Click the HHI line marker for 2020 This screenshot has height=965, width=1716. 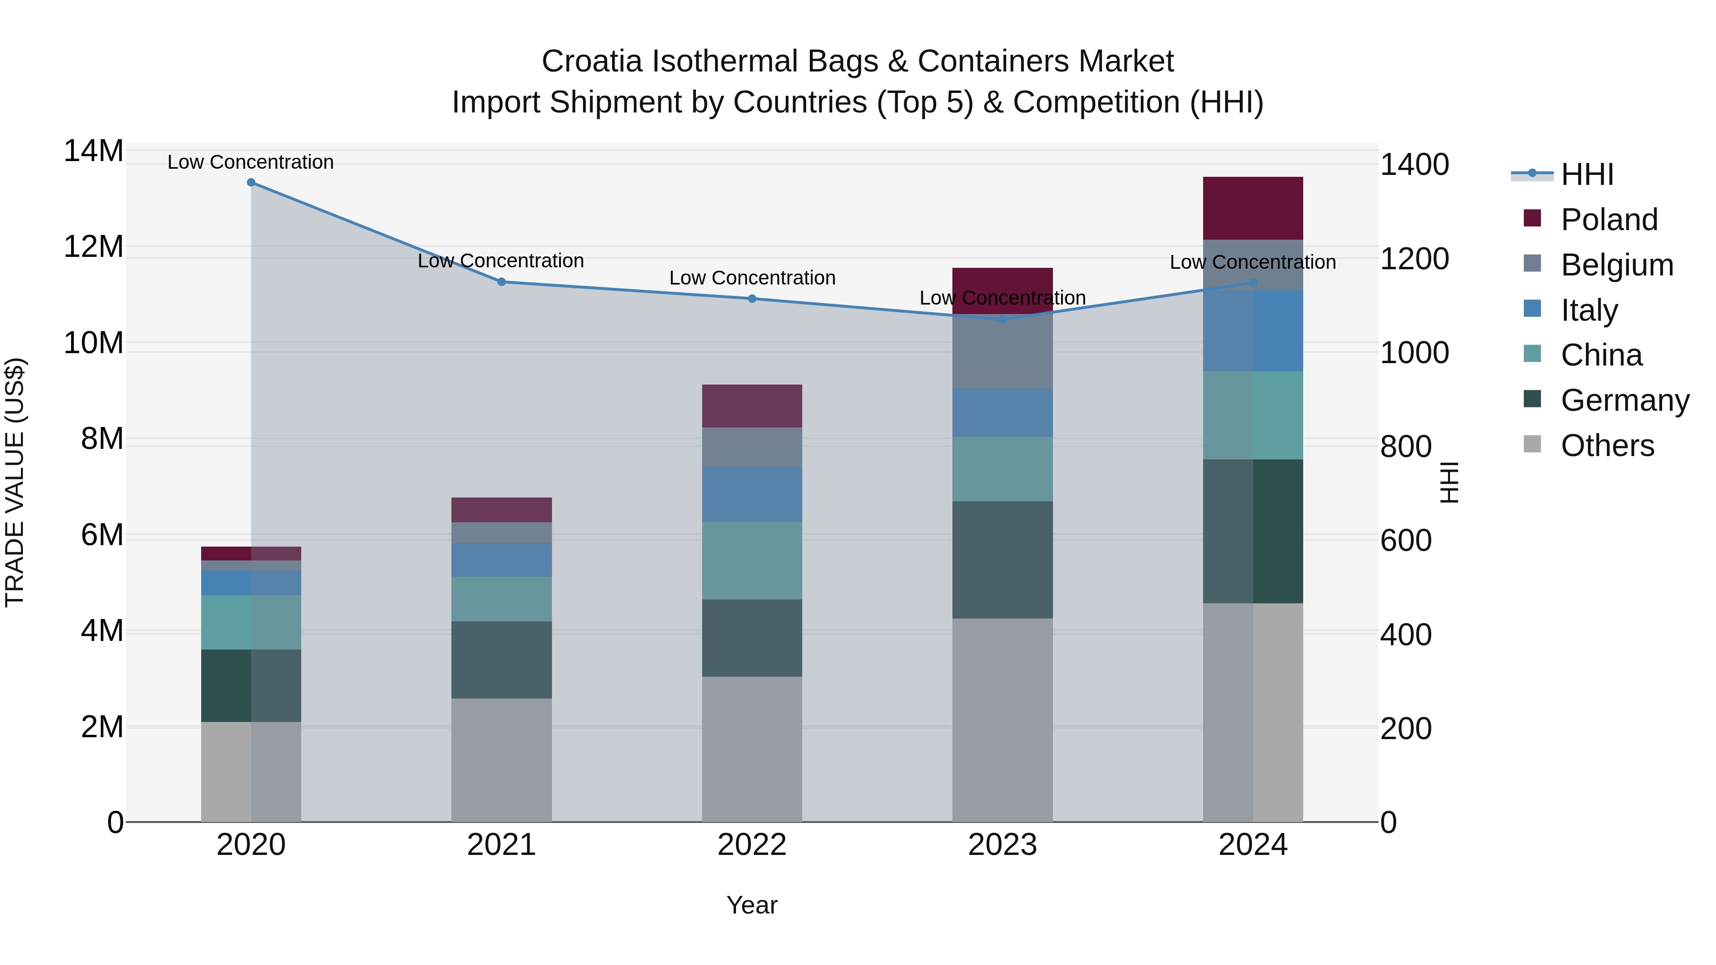pyautogui.click(x=251, y=183)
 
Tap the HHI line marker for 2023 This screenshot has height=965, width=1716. pyautogui.click(x=1002, y=320)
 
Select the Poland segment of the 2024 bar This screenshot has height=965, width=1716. pyautogui.click(x=1252, y=208)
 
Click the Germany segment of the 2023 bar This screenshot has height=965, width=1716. pyautogui.click(x=1002, y=559)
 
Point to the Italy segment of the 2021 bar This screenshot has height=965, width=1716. pyautogui.click(x=501, y=559)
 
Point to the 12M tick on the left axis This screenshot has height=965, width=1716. pyautogui.click(x=93, y=247)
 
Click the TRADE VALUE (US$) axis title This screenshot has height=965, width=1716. pyautogui.click(x=15, y=482)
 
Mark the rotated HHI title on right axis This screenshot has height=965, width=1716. pyautogui.click(x=1450, y=482)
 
